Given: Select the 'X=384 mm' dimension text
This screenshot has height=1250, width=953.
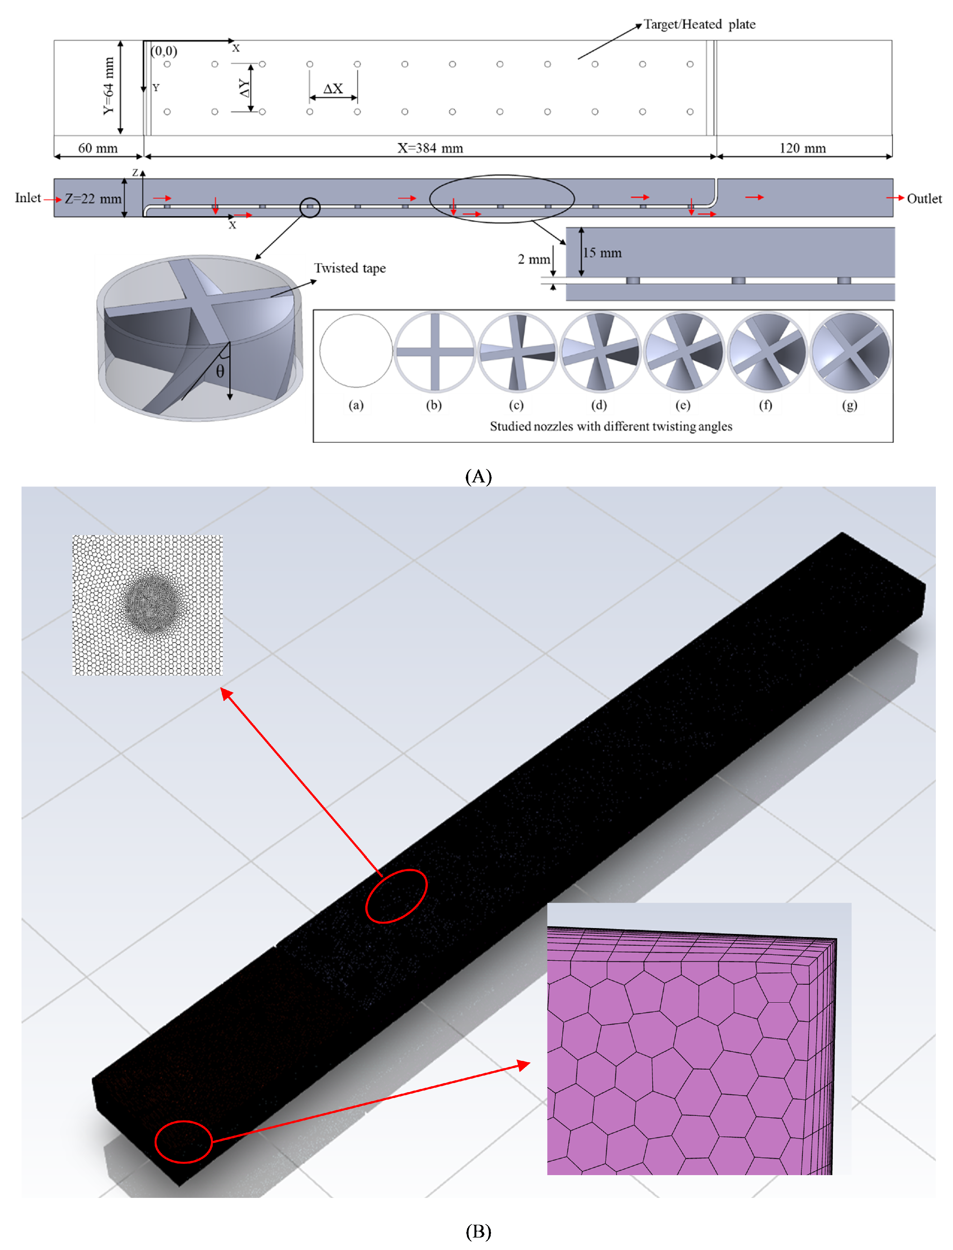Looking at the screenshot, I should tap(430, 148).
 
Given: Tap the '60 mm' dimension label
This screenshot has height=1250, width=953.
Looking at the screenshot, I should tap(98, 148).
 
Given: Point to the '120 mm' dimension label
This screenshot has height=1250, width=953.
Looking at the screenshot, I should tap(802, 148).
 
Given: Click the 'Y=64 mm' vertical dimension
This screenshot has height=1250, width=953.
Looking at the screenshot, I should tap(108, 86).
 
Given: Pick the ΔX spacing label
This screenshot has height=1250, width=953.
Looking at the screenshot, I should tap(333, 89).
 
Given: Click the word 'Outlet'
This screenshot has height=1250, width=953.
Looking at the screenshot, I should tap(924, 198).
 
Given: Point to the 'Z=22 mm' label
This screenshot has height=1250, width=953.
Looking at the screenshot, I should tap(92, 198).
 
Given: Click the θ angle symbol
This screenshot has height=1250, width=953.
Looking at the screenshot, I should tap(220, 372).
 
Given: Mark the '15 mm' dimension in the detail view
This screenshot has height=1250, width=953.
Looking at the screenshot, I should tap(602, 253).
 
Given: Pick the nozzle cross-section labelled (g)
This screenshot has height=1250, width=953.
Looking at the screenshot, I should tap(850, 352).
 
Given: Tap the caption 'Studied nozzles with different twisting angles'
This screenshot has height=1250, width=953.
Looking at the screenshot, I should tap(611, 426).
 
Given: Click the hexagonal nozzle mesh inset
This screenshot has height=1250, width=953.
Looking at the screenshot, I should tap(148, 605).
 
